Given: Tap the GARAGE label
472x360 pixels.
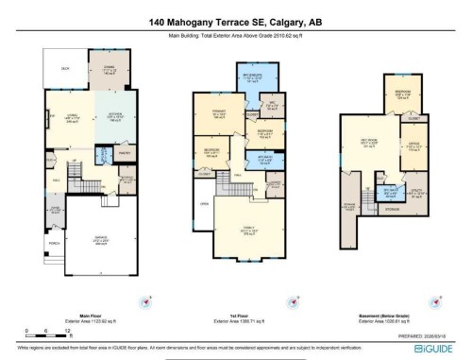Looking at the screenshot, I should (x=97, y=239).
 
